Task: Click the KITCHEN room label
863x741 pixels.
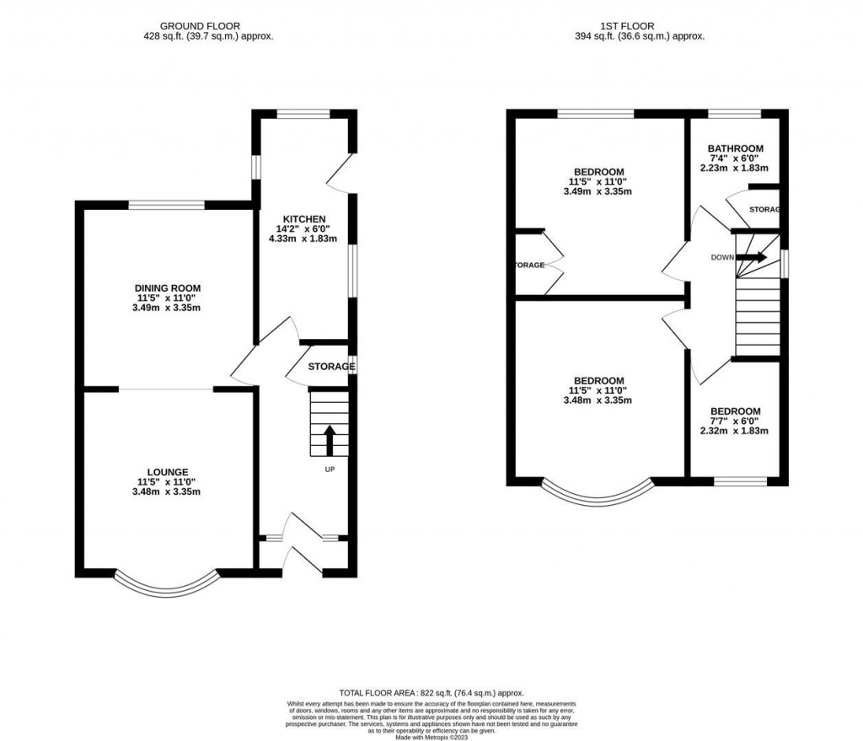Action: pyautogui.click(x=305, y=219)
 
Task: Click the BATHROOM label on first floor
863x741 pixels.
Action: pyautogui.click(x=735, y=148)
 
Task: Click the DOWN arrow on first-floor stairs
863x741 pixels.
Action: pyautogui.click(x=752, y=258)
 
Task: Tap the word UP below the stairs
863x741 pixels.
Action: pyautogui.click(x=330, y=470)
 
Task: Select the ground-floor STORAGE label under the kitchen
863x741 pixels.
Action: pyautogui.click(x=330, y=367)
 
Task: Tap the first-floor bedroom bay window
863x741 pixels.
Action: pyautogui.click(x=598, y=496)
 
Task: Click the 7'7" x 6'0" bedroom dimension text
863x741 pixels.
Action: pyautogui.click(x=735, y=421)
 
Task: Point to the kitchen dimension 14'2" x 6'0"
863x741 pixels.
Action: pyautogui.click(x=305, y=228)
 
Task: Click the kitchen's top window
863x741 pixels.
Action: pyautogui.click(x=304, y=114)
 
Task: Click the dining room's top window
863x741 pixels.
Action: pyautogui.click(x=166, y=204)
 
